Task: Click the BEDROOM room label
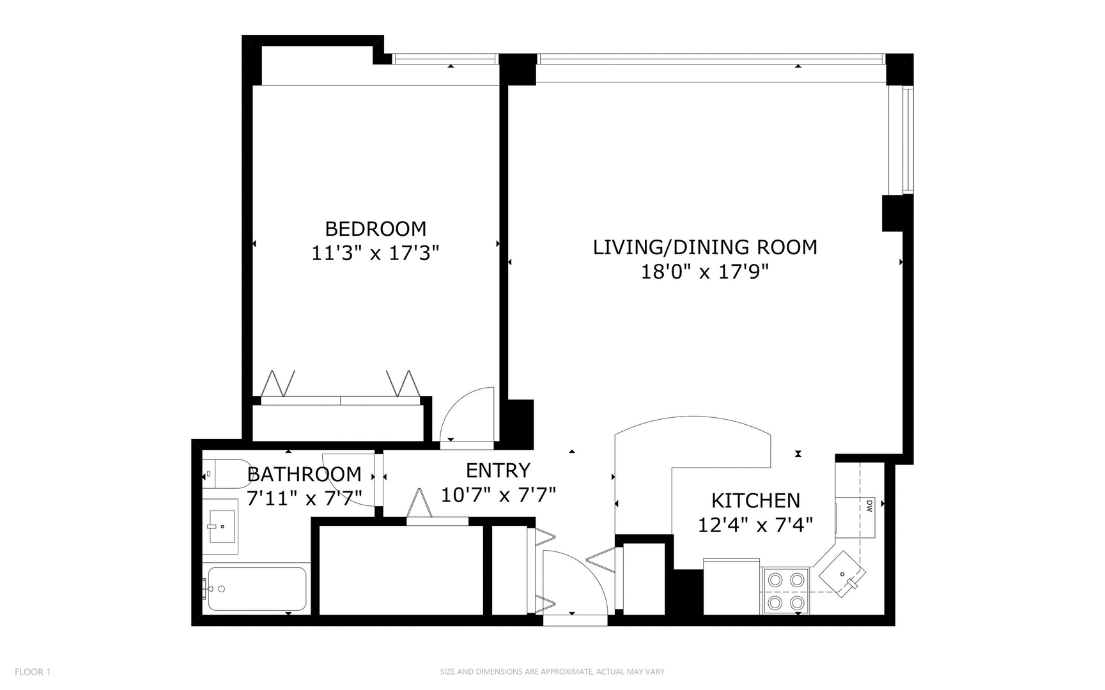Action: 375,229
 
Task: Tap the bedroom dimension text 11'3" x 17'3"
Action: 375,254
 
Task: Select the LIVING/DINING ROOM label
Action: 704,247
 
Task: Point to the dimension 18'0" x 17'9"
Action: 704,272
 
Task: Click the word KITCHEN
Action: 755,500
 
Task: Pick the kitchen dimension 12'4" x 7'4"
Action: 755,525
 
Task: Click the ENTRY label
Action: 498,471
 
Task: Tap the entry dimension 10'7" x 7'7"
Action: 498,494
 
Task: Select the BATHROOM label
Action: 304,474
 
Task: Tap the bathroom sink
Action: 220,526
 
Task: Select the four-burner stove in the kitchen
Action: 785,591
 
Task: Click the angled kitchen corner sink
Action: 843,574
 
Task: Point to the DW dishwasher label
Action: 869,507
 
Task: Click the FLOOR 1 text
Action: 32,671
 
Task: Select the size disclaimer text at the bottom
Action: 552,671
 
